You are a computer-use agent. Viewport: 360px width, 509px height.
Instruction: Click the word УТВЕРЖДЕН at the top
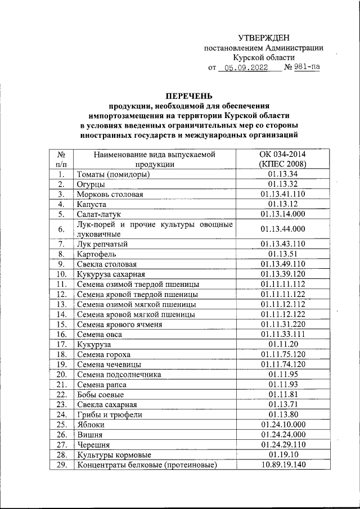[x=263, y=38]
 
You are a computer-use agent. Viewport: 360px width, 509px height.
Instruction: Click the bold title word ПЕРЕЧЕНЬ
[x=188, y=95]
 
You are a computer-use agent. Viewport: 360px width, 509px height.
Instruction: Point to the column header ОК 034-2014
[x=282, y=154]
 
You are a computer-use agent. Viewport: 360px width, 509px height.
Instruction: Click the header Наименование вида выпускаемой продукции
[x=154, y=159]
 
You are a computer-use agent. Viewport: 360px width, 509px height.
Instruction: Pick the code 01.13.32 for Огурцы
[x=283, y=184]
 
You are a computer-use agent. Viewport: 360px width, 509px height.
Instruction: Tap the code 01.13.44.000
[x=283, y=229]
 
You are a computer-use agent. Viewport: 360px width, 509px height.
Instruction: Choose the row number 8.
[x=62, y=254]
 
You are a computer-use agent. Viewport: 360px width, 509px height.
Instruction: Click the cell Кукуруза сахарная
[x=111, y=274]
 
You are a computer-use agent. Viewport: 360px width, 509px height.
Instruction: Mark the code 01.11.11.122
[x=283, y=294]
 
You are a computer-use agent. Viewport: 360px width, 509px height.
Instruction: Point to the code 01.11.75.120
[x=283, y=354]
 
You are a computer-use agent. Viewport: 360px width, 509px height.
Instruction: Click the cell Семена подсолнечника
[x=119, y=374]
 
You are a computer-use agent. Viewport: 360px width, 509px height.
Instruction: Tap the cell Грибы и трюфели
[x=110, y=415]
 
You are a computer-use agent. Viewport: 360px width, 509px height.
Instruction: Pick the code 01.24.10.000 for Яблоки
[x=283, y=424]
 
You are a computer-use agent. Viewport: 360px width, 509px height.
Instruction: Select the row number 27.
[x=62, y=444]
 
